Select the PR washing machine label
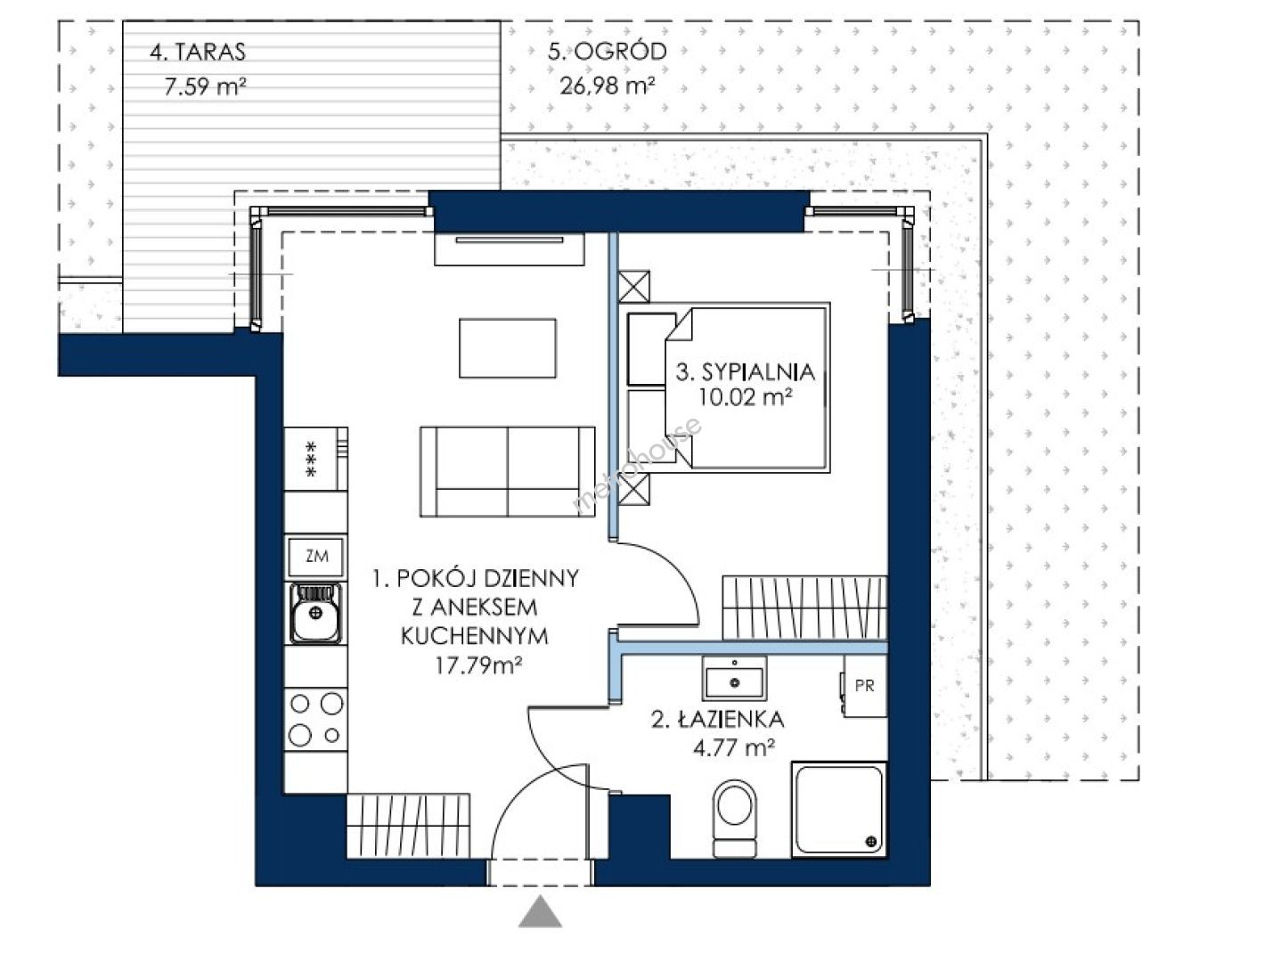click(x=864, y=686)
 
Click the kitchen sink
click(x=315, y=613)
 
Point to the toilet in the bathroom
click(x=735, y=819)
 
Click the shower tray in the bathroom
click(x=838, y=810)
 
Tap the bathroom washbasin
click(x=734, y=679)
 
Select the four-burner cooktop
click(x=315, y=720)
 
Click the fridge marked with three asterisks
click(x=315, y=459)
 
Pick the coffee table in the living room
click(x=507, y=348)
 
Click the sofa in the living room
click(x=507, y=472)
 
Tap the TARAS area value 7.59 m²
click(x=205, y=87)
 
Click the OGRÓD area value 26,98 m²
click(x=607, y=86)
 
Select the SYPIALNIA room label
click(x=745, y=372)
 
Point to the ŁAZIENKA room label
click(x=717, y=720)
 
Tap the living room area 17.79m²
click(x=478, y=665)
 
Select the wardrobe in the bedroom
click(x=804, y=608)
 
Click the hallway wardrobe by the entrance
click(x=409, y=826)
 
